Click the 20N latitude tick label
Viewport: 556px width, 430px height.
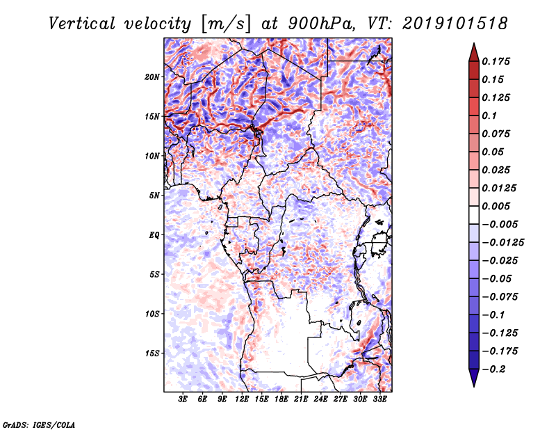(152, 77)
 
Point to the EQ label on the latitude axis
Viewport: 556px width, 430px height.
(154, 235)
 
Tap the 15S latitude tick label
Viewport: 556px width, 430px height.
(152, 353)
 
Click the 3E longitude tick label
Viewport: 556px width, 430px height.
(183, 400)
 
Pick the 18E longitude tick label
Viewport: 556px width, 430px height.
(281, 400)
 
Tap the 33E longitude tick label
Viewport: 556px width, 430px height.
(379, 400)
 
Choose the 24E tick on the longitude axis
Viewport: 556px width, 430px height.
(320, 400)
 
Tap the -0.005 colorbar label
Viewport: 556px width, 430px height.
(500, 224)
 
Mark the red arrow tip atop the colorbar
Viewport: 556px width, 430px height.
(473, 47)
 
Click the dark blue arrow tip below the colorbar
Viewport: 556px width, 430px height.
(473, 383)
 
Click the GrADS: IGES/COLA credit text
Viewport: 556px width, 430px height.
(39, 424)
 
